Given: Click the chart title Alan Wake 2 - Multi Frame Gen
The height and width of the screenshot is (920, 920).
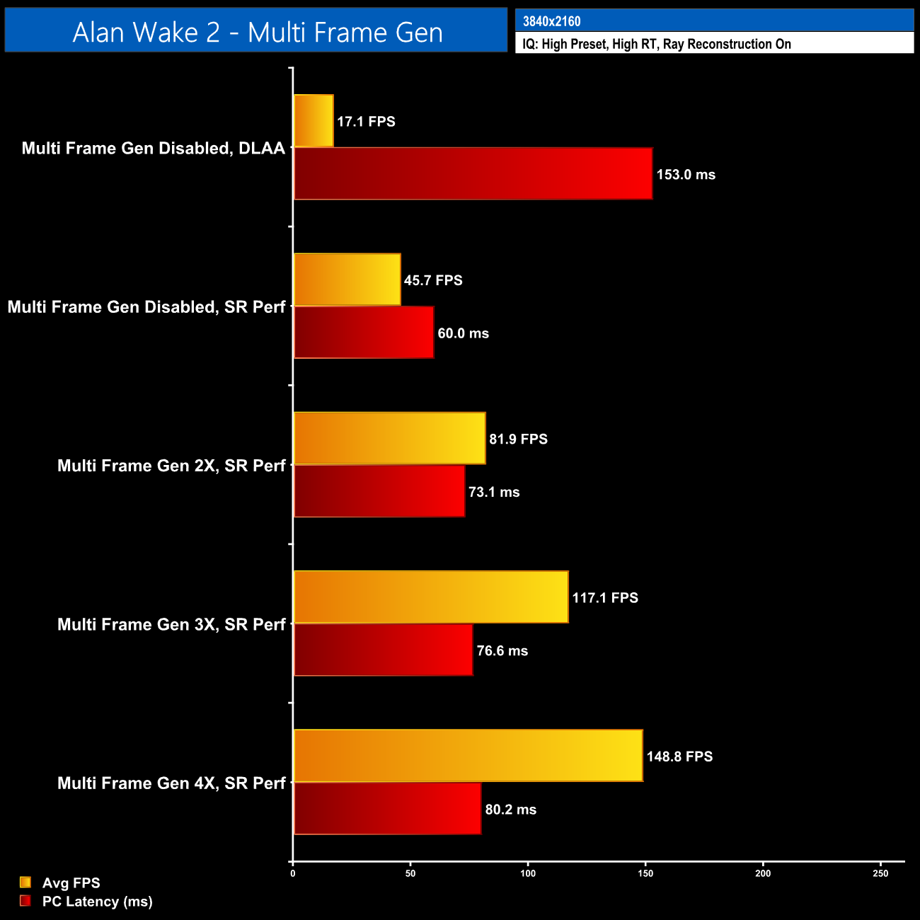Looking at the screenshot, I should click(x=257, y=32).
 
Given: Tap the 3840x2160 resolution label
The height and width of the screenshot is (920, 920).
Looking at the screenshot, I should click(x=551, y=21).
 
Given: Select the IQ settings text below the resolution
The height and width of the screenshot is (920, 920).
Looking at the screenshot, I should click(x=656, y=44).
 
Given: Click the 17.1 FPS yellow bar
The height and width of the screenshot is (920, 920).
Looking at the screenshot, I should click(x=314, y=121).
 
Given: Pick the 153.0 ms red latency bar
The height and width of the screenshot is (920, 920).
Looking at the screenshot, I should click(x=473, y=174).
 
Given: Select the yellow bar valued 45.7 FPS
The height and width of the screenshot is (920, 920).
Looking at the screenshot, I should click(x=347, y=280).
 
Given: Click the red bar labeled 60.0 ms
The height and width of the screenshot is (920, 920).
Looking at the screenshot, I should click(x=364, y=333).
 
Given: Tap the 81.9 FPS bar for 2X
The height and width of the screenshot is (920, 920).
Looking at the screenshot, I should click(x=389, y=438).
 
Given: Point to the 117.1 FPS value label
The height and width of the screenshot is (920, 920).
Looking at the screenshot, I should click(x=605, y=598).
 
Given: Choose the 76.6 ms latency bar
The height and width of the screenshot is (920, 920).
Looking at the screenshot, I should click(x=383, y=650).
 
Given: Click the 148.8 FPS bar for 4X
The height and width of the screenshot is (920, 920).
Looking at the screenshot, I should click(x=468, y=756).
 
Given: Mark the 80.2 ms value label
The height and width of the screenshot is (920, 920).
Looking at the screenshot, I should click(x=510, y=810).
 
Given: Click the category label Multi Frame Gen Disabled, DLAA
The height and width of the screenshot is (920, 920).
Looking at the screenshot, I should click(x=154, y=148).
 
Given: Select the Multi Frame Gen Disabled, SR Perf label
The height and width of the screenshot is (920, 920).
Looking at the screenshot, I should click(x=146, y=307).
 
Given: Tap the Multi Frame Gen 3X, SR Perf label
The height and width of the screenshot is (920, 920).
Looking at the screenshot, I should click(x=171, y=624).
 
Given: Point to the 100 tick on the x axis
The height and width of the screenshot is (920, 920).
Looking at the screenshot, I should click(x=528, y=874).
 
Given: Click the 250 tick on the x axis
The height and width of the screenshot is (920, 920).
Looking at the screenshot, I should click(x=880, y=874).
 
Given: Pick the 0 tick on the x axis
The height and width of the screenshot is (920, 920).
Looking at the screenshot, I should click(x=293, y=874).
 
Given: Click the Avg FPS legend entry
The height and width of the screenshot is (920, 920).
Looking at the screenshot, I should click(x=71, y=883).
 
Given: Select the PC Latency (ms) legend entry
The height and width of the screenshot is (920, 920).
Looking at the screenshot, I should click(x=97, y=902).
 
